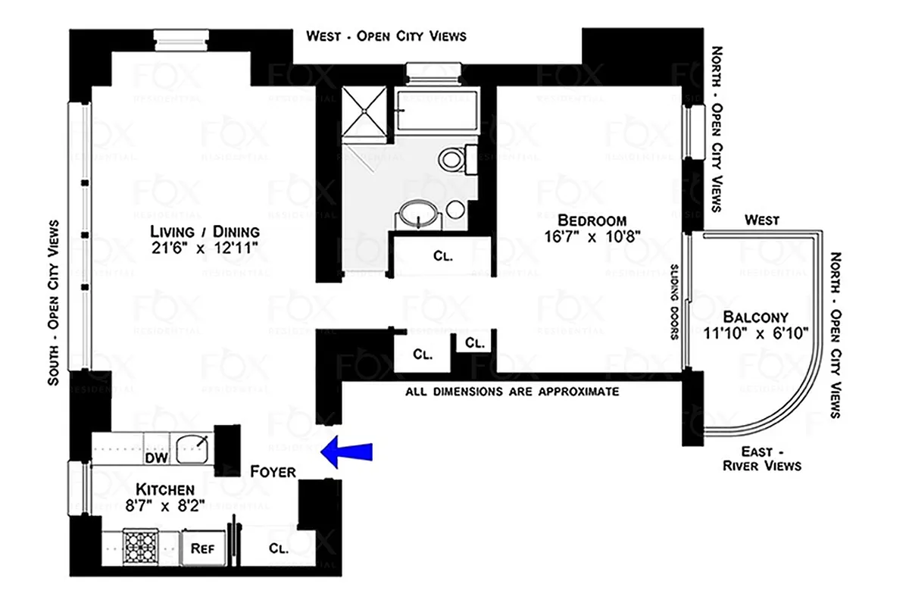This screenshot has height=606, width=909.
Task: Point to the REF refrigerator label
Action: click(x=201, y=548)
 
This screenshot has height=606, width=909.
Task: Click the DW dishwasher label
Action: click(x=155, y=458)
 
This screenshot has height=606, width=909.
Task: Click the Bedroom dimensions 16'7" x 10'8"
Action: click(x=592, y=236)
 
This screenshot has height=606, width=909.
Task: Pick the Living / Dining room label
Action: click(x=205, y=232)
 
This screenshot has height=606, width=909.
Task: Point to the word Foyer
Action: click(x=273, y=472)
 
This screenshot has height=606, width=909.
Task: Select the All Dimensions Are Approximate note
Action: click(x=513, y=392)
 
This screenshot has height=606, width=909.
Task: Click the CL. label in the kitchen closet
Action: click(x=278, y=550)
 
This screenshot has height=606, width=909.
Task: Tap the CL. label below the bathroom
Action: click(x=443, y=256)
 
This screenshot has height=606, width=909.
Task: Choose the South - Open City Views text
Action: click(x=53, y=303)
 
